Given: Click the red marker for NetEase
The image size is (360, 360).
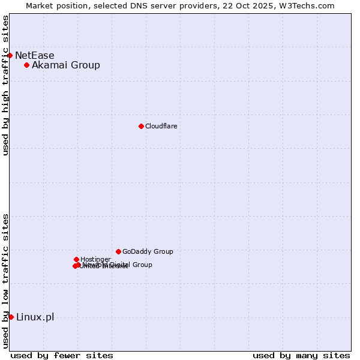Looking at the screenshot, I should (x=10, y=55).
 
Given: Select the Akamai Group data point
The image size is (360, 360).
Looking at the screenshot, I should (x=27, y=65).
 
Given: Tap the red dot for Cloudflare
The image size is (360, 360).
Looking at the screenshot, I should (x=141, y=126).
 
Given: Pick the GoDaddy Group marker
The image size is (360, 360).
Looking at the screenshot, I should (x=118, y=251).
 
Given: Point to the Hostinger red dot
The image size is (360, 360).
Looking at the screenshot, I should (x=76, y=259).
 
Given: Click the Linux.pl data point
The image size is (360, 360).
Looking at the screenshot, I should (x=11, y=317).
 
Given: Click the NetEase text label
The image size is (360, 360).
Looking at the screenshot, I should (x=35, y=56).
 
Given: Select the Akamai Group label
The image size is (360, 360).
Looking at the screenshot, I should (x=66, y=65).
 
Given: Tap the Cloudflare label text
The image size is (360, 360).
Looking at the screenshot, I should (x=161, y=126).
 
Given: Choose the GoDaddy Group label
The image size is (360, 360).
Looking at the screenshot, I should (x=148, y=252).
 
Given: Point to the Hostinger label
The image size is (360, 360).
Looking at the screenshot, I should (x=95, y=259).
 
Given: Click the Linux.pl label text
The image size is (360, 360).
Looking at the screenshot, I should (x=35, y=317).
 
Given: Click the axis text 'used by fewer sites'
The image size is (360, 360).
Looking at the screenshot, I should (x=62, y=355).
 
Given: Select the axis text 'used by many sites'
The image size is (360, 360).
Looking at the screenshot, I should (x=301, y=355).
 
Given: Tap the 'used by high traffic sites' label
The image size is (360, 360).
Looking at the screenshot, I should (x=6, y=85).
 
